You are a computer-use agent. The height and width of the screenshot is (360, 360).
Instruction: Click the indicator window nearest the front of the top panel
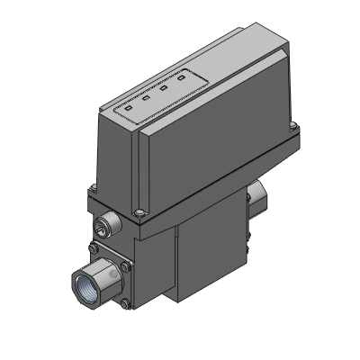tap(128, 106)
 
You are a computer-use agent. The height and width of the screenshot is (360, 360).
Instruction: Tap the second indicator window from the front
tap(147, 97)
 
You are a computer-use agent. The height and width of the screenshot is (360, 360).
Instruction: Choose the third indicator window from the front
tap(165, 88)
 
